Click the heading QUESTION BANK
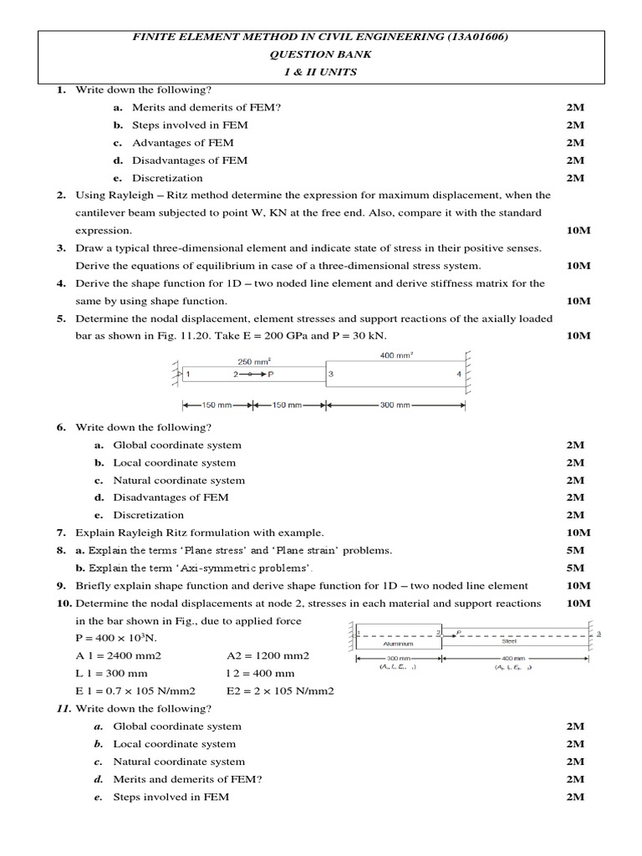click(x=321, y=54)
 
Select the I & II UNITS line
click(x=321, y=72)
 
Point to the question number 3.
click(x=61, y=248)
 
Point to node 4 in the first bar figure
click(x=458, y=374)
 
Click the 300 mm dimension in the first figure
click(x=394, y=405)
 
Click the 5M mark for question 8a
click(x=575, y=550)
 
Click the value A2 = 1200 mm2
click(x=267, y=655)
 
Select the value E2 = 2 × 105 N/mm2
click(x=280, y=690)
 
